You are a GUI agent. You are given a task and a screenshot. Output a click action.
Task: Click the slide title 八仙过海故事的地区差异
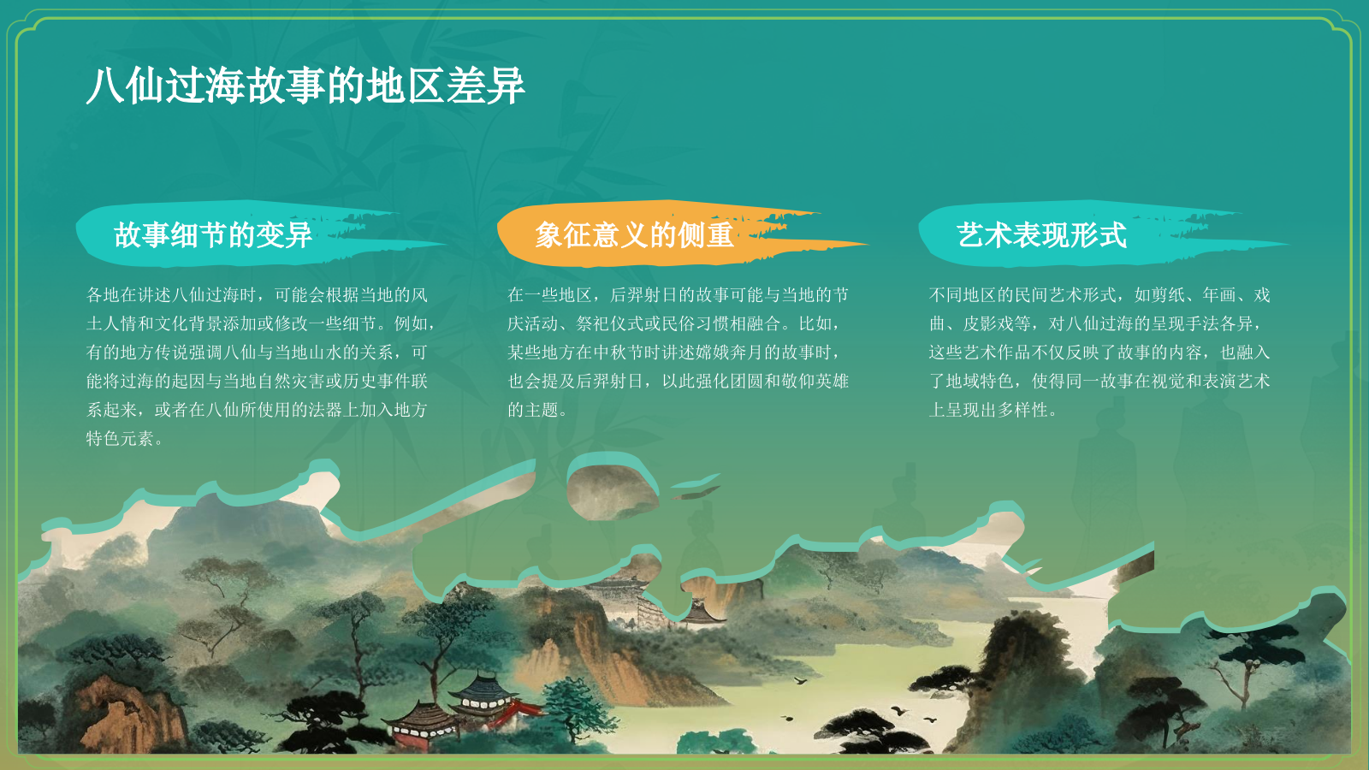pyautogui.click(x=305, y=86)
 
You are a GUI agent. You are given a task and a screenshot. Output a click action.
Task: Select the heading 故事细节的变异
pyautogui.click(x=213, y=234)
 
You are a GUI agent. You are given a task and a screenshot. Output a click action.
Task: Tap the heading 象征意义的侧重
pyautogui.click(x=634, y=234)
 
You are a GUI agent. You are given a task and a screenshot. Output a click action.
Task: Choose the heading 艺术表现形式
pyautogui.click(x=1041, y=234)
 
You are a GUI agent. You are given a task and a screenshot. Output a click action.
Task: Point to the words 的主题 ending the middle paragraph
pyautogui.click(x=532, y=410)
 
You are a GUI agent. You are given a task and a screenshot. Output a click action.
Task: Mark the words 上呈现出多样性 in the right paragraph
pyautogui.click(x=988, y=410)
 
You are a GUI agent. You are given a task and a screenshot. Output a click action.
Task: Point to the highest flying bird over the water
pyautogui.click(x=801, y=681)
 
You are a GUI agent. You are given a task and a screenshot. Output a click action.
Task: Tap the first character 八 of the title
pyautogui.click(x=104, y=86)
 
